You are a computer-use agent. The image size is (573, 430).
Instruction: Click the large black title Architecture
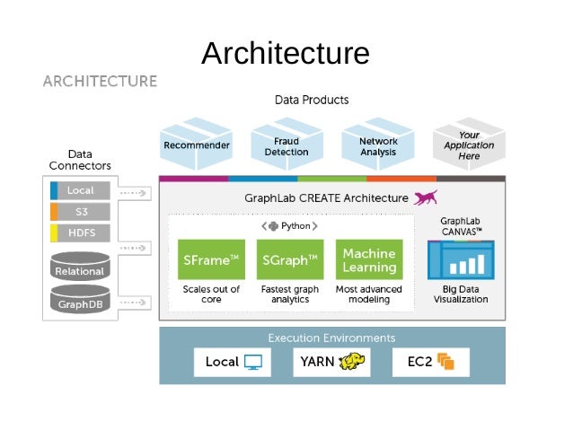coord(286,53)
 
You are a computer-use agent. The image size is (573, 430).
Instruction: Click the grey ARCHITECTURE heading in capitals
coord(100,82)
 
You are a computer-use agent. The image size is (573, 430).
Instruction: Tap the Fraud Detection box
coord(286,145)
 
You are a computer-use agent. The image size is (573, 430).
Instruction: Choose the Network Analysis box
coord(378,145)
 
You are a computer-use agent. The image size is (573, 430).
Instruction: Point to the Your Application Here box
coord(469,145)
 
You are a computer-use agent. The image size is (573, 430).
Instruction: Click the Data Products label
coord(312,100)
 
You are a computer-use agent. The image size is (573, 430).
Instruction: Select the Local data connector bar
coord(81,190)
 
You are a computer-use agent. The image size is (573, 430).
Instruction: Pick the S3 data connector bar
coord(81,212)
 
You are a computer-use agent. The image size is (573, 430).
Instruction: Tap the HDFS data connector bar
coord(81,233)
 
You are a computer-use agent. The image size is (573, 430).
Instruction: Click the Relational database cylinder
coord(80,267)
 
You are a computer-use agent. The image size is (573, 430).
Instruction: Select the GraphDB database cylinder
coord(80,300)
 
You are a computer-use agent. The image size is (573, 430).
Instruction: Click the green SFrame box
coord(211,259)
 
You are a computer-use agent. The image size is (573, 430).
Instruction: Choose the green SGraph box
coord(289,259)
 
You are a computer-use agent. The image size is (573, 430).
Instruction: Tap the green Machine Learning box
coord(369,259)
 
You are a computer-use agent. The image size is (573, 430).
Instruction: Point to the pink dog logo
coord(426,197)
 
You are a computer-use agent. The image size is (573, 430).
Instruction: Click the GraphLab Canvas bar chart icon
coord(461,261)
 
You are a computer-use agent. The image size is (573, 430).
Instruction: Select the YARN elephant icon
coord(352,363)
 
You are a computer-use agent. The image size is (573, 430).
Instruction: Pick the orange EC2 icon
coord(446,363)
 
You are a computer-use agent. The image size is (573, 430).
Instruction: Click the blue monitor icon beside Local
coord(253,363)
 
